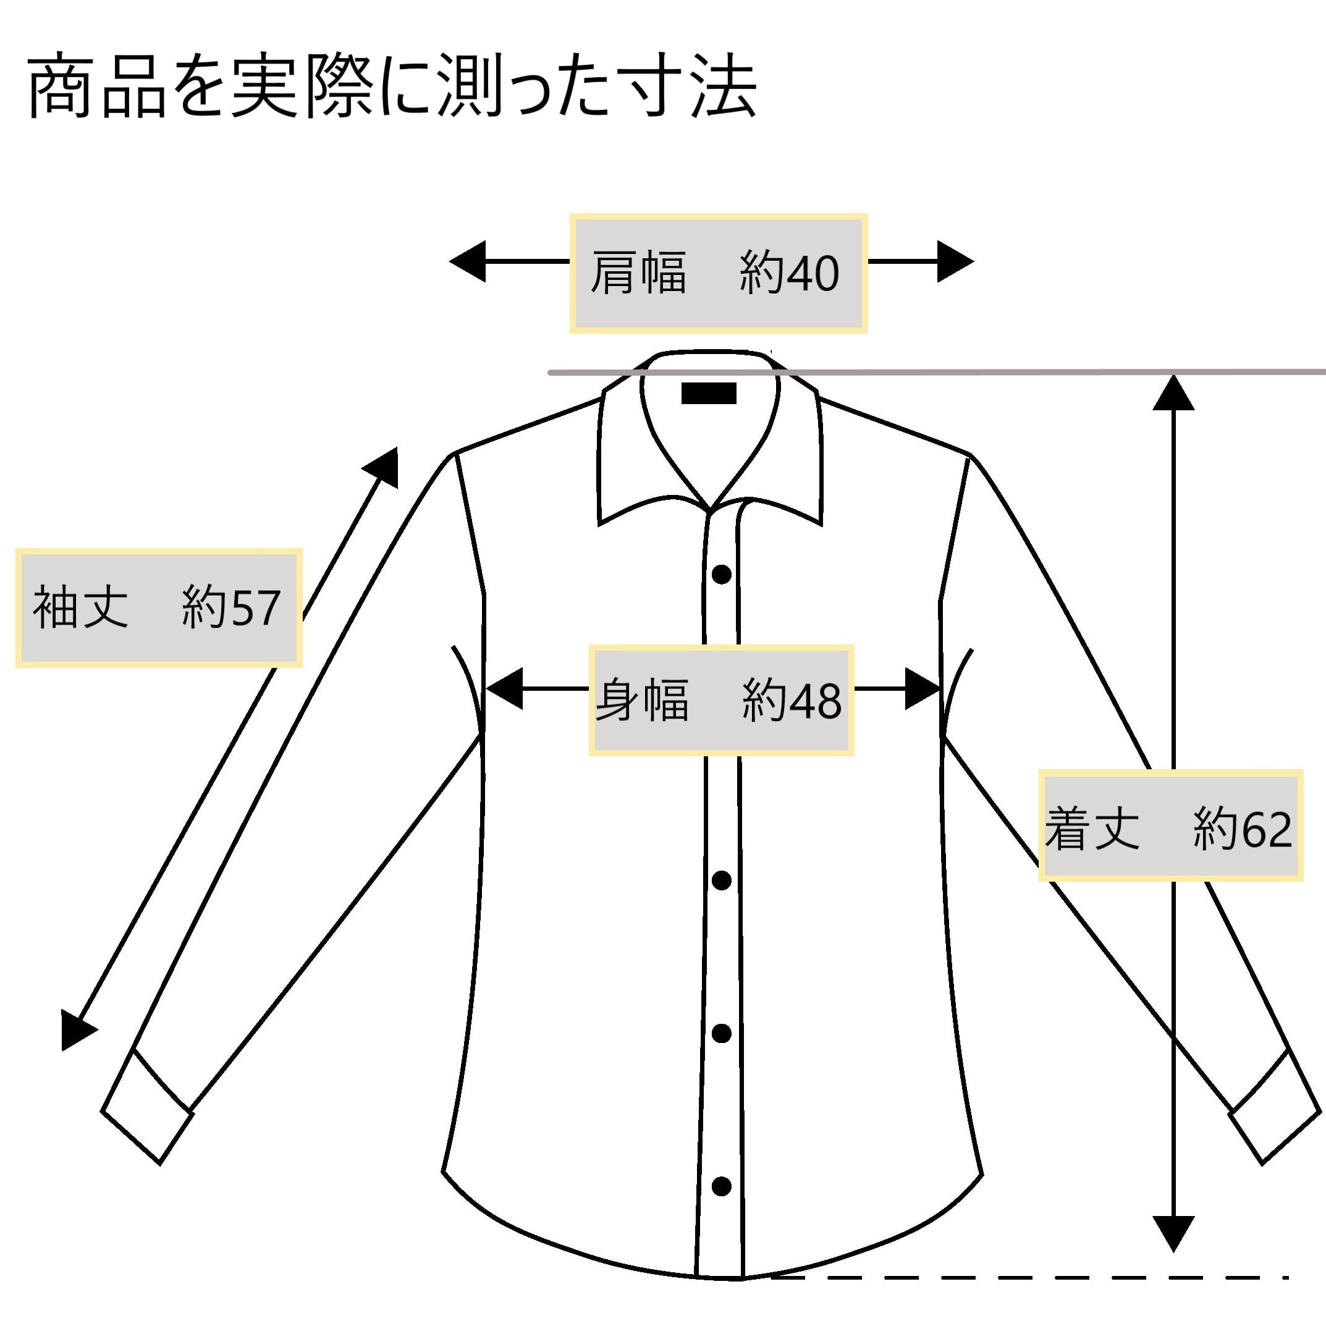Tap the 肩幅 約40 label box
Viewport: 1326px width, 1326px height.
(718, 273)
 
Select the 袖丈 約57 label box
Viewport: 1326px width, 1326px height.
(159, 607)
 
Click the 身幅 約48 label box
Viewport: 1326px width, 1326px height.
(720, 700)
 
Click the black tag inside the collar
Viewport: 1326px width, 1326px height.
(708, 393)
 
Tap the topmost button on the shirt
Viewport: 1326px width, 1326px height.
(721, 575)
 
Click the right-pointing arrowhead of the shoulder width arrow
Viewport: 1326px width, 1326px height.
(955, 261)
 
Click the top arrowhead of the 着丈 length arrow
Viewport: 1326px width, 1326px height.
(1173, 393)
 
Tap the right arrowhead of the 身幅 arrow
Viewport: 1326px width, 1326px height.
(922, 688)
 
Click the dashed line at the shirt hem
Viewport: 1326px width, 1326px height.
(1029, 1277)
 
